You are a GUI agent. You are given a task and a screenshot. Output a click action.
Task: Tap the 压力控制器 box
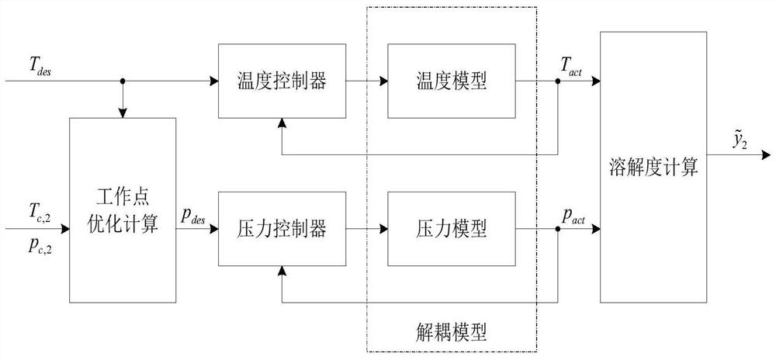point(281,230)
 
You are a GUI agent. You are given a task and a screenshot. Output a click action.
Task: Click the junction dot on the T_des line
point(123,80)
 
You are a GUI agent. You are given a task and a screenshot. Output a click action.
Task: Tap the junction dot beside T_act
point(559,80)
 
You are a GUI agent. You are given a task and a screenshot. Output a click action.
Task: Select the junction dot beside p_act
point(559,230)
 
